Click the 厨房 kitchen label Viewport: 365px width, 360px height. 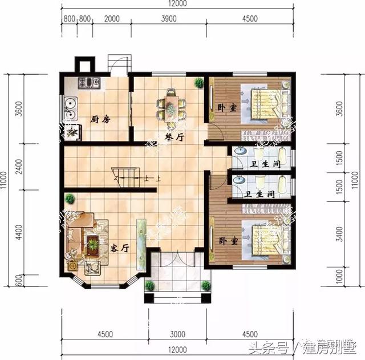point(100,119)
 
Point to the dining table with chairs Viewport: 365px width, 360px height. point(172,105)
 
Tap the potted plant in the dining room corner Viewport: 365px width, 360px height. point(198,83)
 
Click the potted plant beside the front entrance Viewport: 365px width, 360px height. point(149,286)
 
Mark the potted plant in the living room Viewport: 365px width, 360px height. point(70,199)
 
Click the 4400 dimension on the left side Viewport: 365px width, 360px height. point(18,232)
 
